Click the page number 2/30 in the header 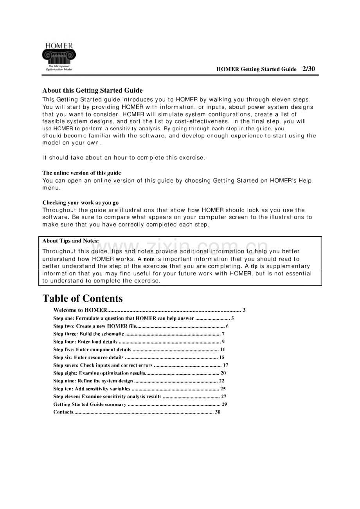point(308,69)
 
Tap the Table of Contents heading point(83,299)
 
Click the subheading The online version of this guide point(81,173)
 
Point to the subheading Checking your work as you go point(80,203)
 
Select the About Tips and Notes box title point(70,241)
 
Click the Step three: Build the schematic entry point(88,334)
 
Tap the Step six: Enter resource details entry point(88,357)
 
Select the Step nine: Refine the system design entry point(93,381)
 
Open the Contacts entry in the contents point(63,412)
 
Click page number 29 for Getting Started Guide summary point(224,404)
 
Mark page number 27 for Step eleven point(224,396)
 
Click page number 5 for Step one point(232,318)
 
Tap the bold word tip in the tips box point(254,266)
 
